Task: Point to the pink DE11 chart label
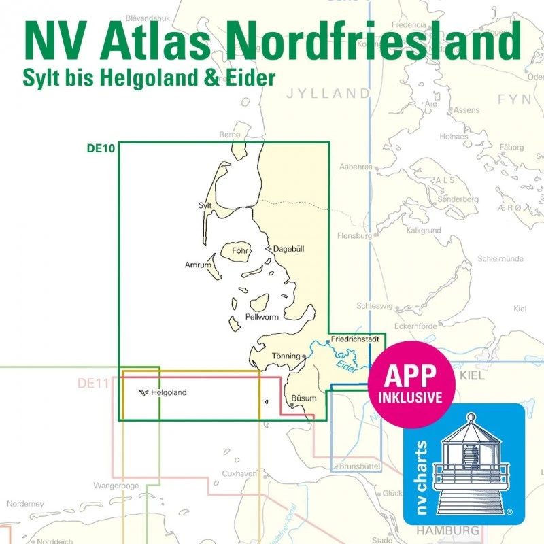click(x=92, y=384)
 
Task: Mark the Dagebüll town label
click(x=288, y=249)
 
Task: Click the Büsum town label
click(x=304, y=397)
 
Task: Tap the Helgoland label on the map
click(x=169, y=392)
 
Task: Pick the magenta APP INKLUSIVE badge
click(x=411, y=384)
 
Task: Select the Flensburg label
click(x=354, y=236)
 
